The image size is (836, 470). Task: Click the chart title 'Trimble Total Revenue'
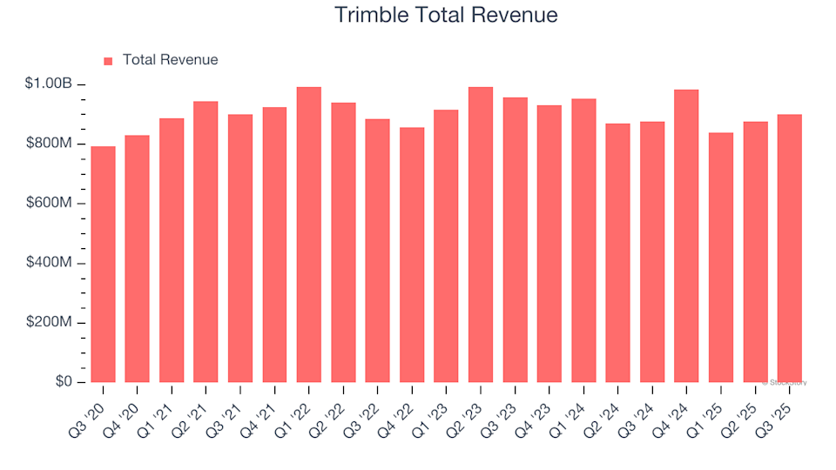click(x=446, y=16)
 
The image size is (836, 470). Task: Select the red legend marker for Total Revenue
click(x=108, y=61)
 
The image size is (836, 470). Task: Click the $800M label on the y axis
click(x=49, y=144)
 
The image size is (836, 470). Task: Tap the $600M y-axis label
click(x=49, y=204)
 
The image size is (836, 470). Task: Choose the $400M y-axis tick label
click(x=49, y=263)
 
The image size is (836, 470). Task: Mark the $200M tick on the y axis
click(x=49, y=323)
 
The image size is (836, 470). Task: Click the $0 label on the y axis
click(x=63, y=382)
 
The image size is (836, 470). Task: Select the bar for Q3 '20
click(x=103, y=265)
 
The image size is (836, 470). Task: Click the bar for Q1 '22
click(x=309, y=235)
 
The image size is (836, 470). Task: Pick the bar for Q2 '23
click(x=481, y=235)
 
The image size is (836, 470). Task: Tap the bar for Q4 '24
click(x=686, y=236)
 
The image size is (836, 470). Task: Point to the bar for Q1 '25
click(x=721, y=258)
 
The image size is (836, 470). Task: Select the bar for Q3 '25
click(x=790, y=249)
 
